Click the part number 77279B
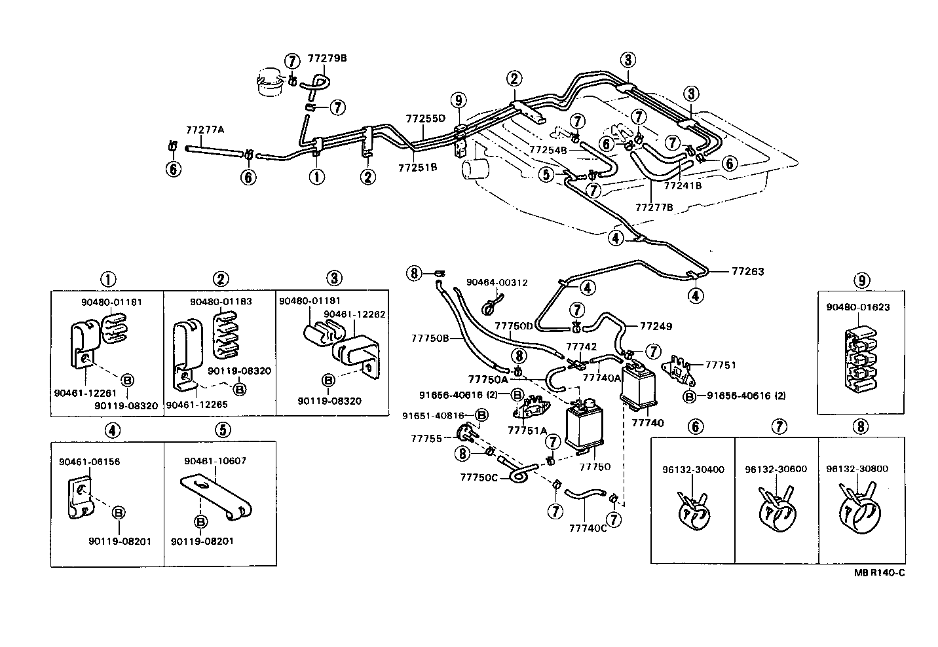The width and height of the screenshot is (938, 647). tap(327, 58)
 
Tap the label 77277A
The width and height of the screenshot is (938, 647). tap(205, 130)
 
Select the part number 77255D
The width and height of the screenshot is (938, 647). tap(426, 119)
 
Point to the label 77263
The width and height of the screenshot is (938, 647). tap(748, 271)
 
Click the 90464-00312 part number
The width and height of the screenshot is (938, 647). tap(497, 283)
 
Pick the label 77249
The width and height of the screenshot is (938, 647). tap(656, 326)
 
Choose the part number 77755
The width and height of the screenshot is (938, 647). tap(426, 439)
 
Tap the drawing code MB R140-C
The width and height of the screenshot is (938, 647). tap(879, 573)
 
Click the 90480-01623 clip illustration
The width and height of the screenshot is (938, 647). tap(860, 360)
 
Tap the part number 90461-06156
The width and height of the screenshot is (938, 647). tap(89, 462)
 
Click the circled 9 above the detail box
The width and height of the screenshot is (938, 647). tap(862, 280)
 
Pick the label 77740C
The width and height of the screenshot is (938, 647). tap(588, 528)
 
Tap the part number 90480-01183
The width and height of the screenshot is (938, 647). tap(221, 301)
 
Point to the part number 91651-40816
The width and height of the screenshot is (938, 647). tap(434, 415)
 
